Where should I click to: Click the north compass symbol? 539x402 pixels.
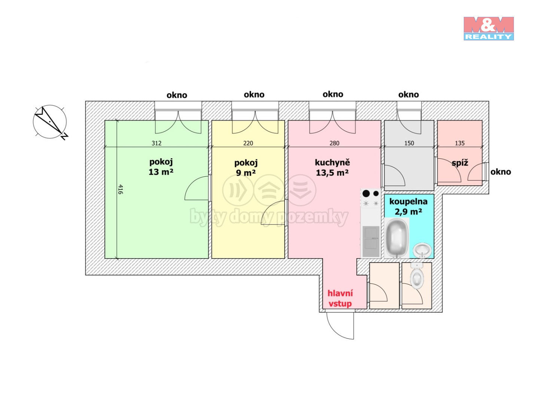click(50, 122)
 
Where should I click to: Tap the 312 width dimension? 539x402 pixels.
click(156, 143)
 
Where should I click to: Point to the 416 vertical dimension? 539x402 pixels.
click(120, 189)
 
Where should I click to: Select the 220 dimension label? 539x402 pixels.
click(248, 143)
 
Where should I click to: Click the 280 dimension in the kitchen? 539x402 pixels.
click(334, 143)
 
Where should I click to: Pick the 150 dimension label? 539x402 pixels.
click(409, 143)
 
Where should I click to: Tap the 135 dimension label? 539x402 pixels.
click(460, 143)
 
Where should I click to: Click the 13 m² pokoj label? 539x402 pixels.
click(161, 167)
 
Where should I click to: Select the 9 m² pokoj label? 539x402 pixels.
click(246, 168)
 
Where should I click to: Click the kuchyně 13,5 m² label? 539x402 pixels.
click(332, 168)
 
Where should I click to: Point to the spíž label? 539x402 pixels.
click(460, 163)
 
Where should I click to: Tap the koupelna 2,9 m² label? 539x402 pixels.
click(408, 207)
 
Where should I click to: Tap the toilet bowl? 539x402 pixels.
click(417, 276)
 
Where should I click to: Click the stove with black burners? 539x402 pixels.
click(371, 198)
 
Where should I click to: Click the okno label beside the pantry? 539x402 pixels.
click(500, 172)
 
